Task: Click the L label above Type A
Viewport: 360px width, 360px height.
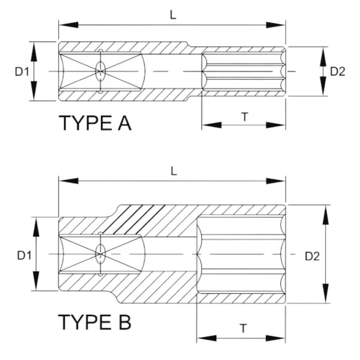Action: point(173,14)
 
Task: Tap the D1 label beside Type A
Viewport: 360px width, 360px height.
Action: point(22,72)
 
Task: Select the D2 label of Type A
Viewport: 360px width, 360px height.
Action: point(337,71)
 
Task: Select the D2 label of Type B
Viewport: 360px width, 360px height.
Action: point(312,256)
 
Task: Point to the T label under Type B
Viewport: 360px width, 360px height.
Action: point(243,328)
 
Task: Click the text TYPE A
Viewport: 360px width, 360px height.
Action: point(95,122)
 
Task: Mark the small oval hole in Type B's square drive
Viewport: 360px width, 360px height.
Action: point(99,255)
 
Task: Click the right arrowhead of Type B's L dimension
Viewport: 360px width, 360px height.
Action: point(279,181)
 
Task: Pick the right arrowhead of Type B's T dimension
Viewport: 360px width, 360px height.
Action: point(279,337)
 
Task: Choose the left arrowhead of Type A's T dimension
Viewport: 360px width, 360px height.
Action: point(208,125)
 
